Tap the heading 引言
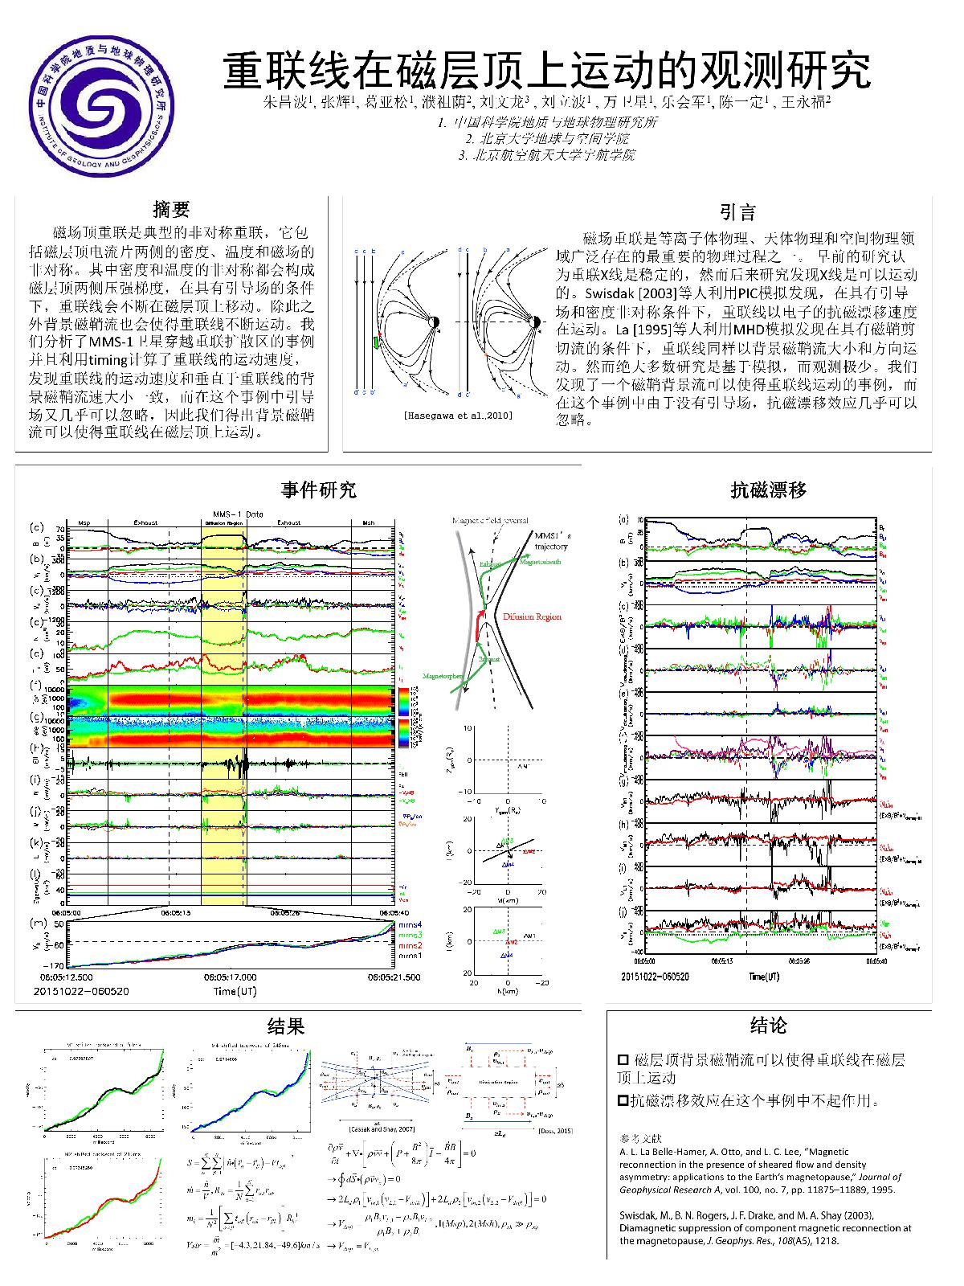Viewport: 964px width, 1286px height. [x=737, y=212]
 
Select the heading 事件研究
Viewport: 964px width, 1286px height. [x=319, y=489]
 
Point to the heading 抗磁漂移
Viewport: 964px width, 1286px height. [x=769, y=489]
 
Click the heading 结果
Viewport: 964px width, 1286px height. [x=286, y=1026]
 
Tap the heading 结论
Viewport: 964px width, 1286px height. [x=768, y=1025]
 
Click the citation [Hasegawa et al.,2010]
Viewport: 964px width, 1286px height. [x=457, y=416]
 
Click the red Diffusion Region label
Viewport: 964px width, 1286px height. [x=533, y=617]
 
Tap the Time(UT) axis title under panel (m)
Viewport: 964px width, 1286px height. [x=235, y=992]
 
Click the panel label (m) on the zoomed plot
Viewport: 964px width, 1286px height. [x=37, y=924]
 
